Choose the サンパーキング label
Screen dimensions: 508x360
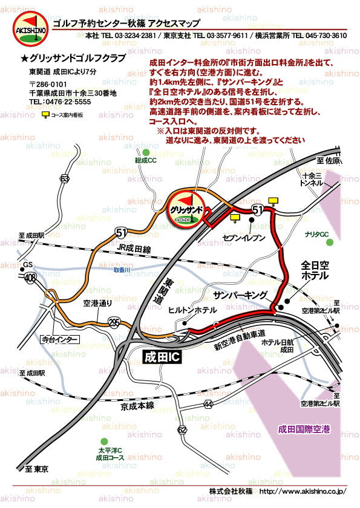click(240, 295)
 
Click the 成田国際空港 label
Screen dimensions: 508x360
click(304, 429)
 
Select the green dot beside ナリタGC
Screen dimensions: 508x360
click(329, 243)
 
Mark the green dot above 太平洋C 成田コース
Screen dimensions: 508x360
click(105, 441)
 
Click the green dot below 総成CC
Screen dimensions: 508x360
click(145, 152)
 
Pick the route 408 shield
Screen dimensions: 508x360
click(29, 278)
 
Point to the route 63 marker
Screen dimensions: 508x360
click(64, 178)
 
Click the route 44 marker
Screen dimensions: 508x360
click(208, 403)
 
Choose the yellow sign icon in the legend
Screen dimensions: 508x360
click(45, 114)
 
